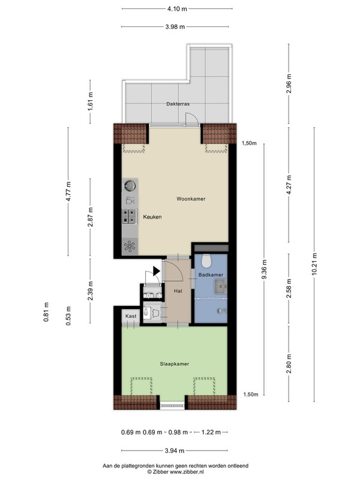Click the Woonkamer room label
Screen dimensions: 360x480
tap(191, 199)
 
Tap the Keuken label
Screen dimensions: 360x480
tap(152, 217)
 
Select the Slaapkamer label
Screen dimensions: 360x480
tap(174, 364)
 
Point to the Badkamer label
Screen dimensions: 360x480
tap(211, 275)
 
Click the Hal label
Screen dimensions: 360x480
tap(178, 291)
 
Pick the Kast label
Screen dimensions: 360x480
tap(131, 316)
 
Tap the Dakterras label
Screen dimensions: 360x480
tap(178, 104)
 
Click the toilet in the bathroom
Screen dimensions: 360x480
tap(206, 260)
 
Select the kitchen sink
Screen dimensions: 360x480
tap(130, 185)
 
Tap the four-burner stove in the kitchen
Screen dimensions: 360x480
tap(130, 216)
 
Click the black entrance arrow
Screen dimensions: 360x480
tap(156, 271)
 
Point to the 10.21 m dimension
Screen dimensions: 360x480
tap(314, 264)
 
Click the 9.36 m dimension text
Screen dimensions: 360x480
tap(265, 269)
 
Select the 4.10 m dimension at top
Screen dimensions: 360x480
tap(177, 9)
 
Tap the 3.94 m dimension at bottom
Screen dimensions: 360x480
tap(175, 451)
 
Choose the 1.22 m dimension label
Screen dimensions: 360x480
tap(211, 432)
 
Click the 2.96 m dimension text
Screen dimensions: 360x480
tap(289, 84)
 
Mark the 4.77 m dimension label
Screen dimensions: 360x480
tap(68, 191)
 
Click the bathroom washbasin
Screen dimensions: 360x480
tap(221, 287)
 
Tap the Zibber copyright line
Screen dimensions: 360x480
tap(175, 472)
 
